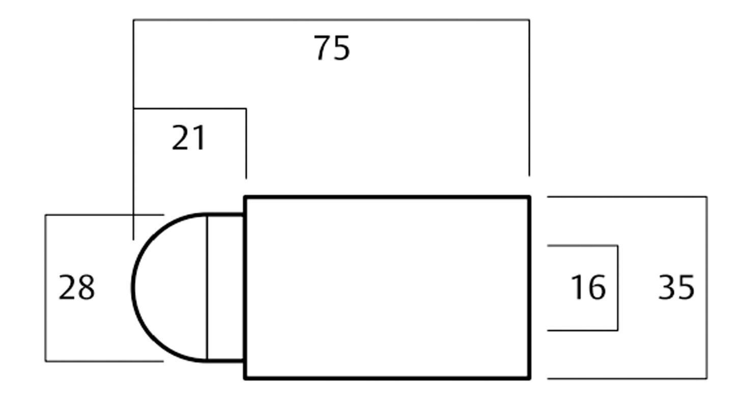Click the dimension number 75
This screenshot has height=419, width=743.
tap(332, 48)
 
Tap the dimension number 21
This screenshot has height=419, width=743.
tap(189, 138)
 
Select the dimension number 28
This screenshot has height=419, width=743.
tap(76, 287)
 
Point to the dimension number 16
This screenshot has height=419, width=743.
tap(588, 287)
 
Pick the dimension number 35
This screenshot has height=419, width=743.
tap(676, 287)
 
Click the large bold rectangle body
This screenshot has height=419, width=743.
tap(387, 287)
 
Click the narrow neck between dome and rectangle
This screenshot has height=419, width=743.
tap(226, 287)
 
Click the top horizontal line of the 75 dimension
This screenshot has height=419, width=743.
tap(331, 20)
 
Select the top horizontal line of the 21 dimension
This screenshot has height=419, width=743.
tap(189, 108)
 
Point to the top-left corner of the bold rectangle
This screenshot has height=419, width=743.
tap(245, 197)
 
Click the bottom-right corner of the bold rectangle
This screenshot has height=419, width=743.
tap(529, 378)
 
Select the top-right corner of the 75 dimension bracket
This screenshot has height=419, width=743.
tap(529, 20)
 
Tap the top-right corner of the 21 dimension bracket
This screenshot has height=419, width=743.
tap(246, 108)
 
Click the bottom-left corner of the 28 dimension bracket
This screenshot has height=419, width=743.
tap(46, 361)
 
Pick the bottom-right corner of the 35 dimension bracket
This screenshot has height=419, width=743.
tap(706, 378)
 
